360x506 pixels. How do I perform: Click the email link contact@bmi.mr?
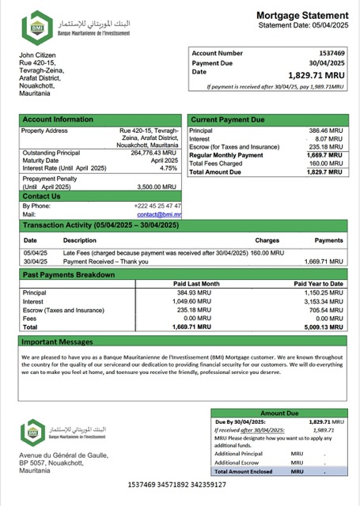pyautogui.click(x=159, y=214)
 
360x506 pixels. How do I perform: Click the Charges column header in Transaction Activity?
pyautogui.click(x=267, y=240)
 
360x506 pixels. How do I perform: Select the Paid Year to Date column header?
pyautogui.click(x=318, y=283)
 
